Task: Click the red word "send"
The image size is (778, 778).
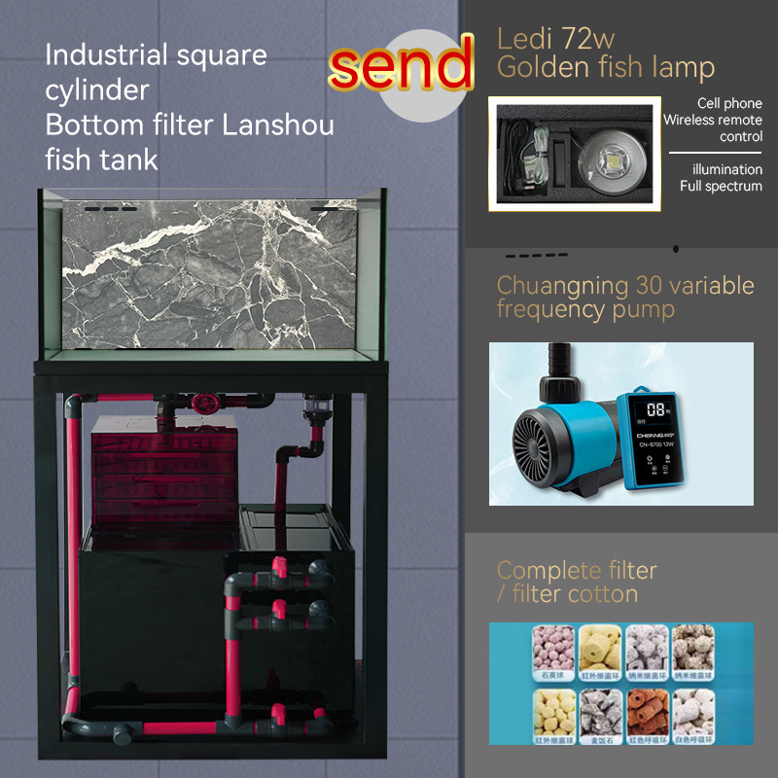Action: pyautogui.click(x=401, y=66)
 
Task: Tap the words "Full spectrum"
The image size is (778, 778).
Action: pyautogui.click(x=721, y=186)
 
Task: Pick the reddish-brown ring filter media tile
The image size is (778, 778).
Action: pyautogui.click(x=648, y=714)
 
